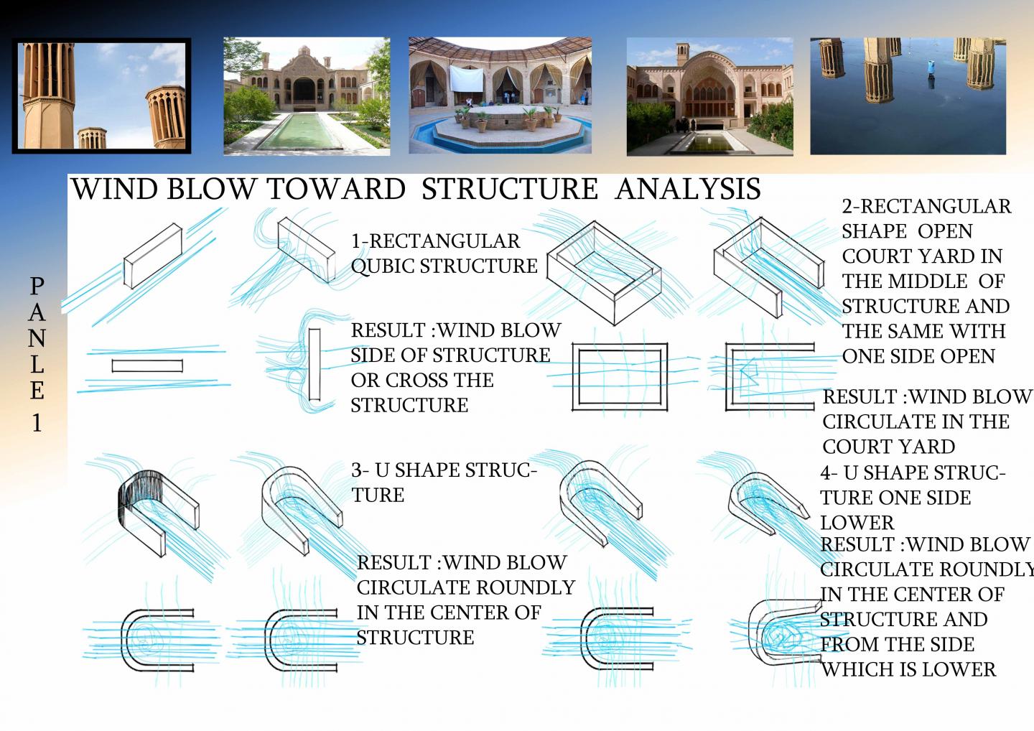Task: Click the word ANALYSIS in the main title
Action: coord(688,189)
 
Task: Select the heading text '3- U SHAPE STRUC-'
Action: coord(444,470)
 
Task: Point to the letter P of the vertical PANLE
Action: coord(37,287)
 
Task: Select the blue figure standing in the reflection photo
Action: coord(931,67)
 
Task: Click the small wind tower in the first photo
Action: coord(91,138)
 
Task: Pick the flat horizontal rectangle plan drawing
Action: coord(147,365)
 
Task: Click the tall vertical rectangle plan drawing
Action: coord(315,364)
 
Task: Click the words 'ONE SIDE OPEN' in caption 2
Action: coord(918,356)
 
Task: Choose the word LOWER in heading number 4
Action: coord(857,523)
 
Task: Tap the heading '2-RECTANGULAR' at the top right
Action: coord(926,207)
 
